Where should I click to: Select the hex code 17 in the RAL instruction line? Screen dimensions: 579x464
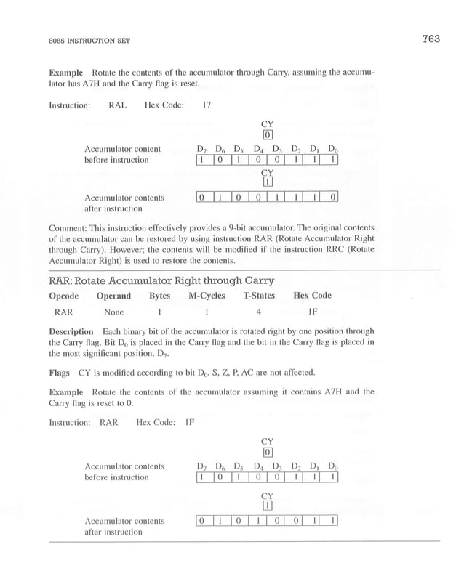207,105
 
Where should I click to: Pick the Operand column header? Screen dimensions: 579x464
113,296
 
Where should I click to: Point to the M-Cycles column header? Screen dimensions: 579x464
207,296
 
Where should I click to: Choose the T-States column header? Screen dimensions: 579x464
259,296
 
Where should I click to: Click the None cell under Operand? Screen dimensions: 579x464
113,313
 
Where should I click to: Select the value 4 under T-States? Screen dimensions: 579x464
259,313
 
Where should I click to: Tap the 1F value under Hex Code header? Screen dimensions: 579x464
313,313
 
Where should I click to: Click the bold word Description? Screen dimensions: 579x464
71,331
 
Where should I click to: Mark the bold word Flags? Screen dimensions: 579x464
59,373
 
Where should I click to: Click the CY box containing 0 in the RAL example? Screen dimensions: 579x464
267,135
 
